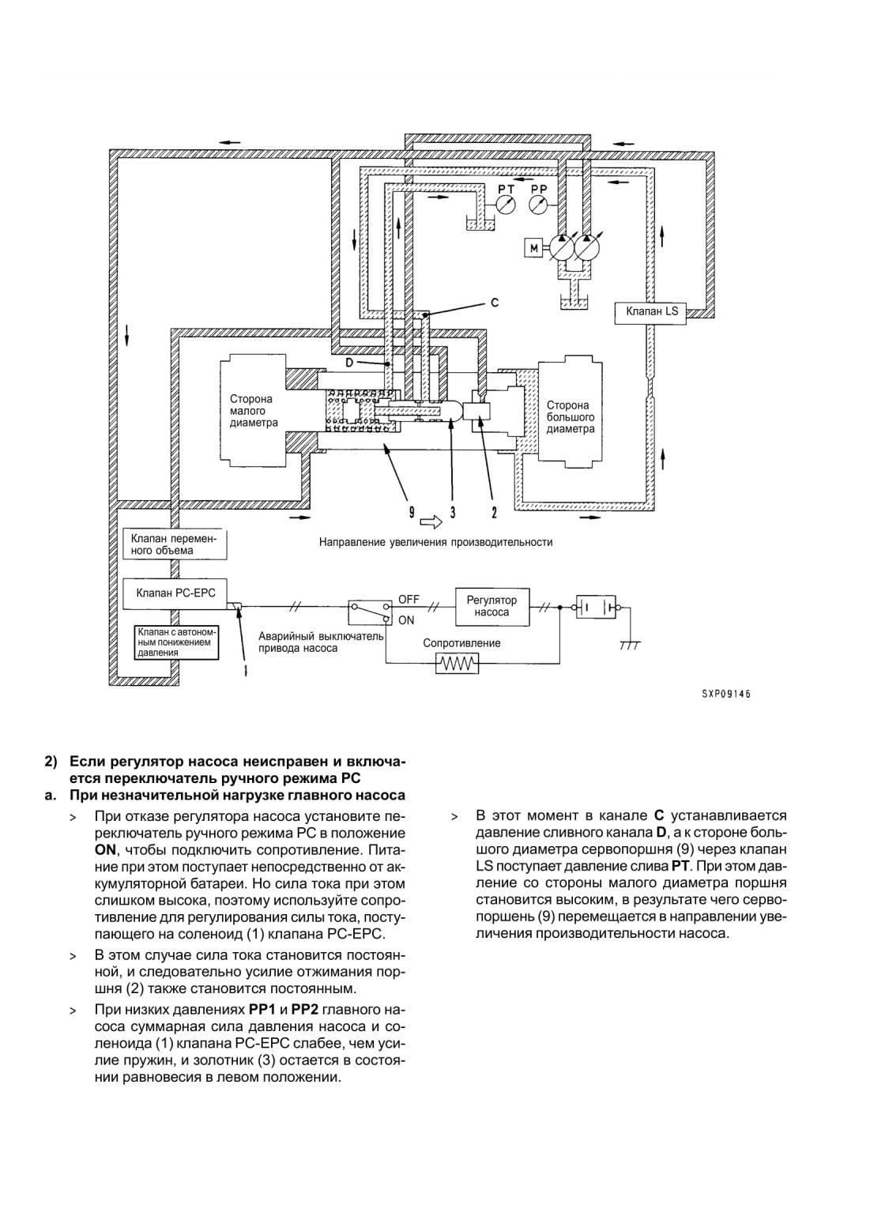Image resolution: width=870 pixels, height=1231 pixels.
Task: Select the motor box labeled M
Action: [x=533, y=248]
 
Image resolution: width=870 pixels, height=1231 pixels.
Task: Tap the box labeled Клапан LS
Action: [x=650, y=312]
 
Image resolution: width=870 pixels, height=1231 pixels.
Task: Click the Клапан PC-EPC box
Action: [x=175, y=593]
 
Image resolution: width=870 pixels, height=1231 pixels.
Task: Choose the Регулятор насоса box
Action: [x=491, y=608]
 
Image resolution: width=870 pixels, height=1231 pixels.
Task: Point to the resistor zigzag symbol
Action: [x=457, y=664]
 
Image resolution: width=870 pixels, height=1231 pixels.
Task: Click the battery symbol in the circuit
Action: [x=596, y=608]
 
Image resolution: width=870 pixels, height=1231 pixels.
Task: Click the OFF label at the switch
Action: [x=409, y=600]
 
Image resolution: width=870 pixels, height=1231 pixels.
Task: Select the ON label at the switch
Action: [x=406, y=620]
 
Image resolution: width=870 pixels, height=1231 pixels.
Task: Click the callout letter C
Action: [x=495, y=303]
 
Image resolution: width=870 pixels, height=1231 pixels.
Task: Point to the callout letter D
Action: [x=349, y=363]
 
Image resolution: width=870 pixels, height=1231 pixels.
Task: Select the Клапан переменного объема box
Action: [x=175, y=544]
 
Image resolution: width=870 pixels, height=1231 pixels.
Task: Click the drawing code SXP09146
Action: [x=726, y=695]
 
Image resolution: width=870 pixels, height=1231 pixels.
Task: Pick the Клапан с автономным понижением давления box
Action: [x=177, y=642]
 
